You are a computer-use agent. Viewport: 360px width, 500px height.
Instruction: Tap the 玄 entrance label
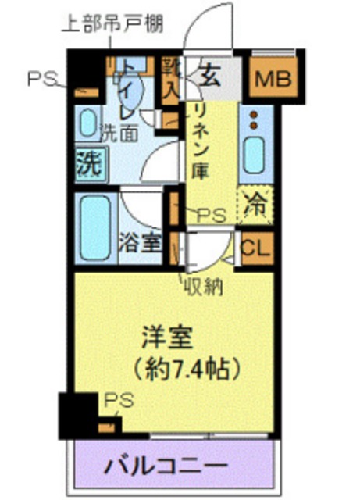click(x=209, y=77)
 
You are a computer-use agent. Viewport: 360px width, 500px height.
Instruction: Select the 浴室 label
click(x=141, y=242)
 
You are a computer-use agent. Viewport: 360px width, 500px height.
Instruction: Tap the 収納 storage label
click(x=205, y=287)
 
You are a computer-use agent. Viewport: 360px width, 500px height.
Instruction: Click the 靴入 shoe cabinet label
click(x=170, y=77)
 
